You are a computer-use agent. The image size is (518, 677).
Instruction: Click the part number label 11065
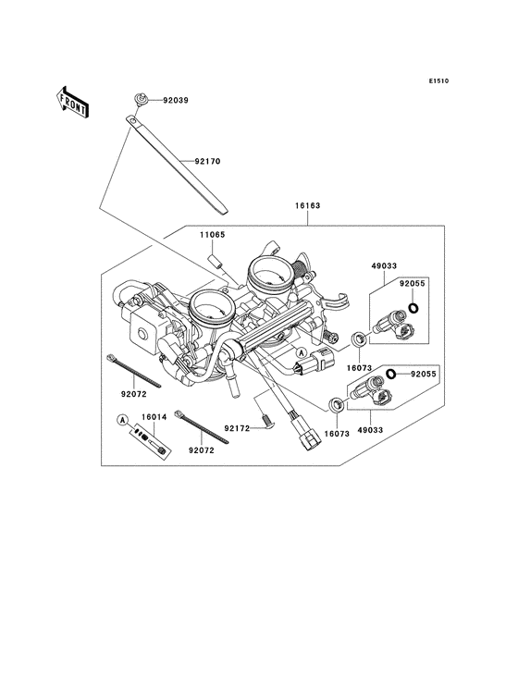(212, 235)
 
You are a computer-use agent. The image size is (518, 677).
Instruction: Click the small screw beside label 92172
(265, 423)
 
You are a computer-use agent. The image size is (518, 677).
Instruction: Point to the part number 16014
(154, 418)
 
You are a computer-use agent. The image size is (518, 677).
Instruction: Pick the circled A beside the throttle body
(302, 353)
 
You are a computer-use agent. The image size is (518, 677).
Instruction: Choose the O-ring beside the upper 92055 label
(413, 308)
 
